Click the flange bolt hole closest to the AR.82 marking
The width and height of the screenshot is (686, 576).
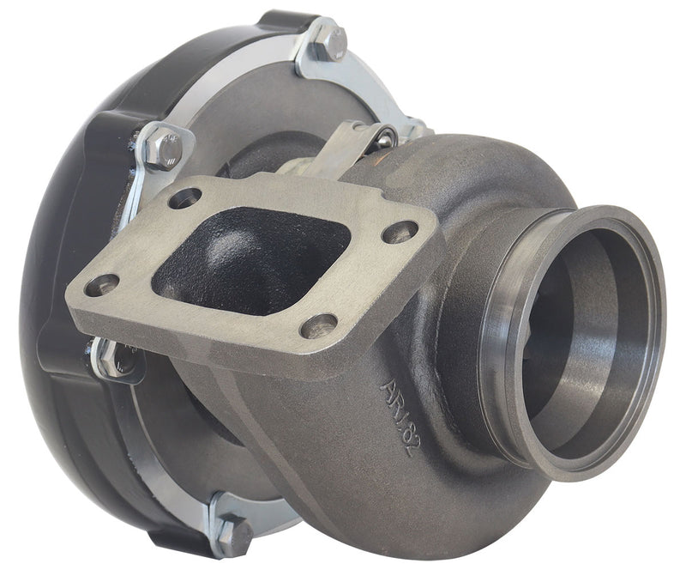point(321,325)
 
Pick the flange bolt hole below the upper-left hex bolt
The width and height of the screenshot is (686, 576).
point(184,199)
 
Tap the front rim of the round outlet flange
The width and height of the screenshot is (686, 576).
point(652,283)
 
